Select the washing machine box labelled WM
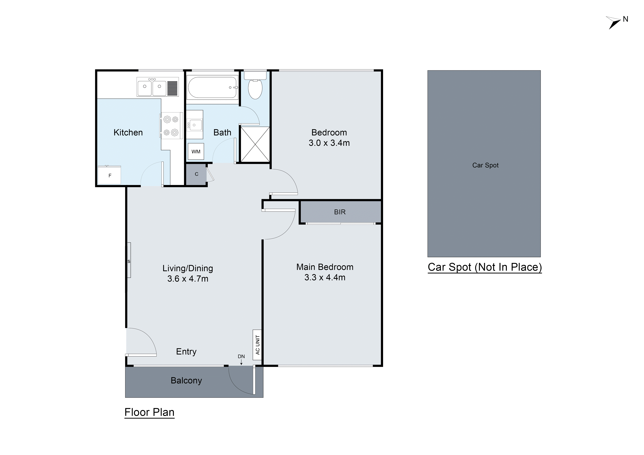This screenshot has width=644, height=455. (196, 152)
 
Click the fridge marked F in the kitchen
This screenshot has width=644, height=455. (110, 175)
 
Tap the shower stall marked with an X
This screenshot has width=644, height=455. (255, 144)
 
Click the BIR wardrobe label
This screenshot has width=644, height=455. (340, 212)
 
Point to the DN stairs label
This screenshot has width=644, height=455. (241, 356)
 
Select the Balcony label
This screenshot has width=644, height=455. (186, 380)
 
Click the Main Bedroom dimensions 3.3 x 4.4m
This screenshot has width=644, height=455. (325, 277)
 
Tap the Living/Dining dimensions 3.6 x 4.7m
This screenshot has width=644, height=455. (188, 279)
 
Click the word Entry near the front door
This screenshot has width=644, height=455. (186, 352)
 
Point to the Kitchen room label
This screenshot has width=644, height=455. (128, 133)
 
